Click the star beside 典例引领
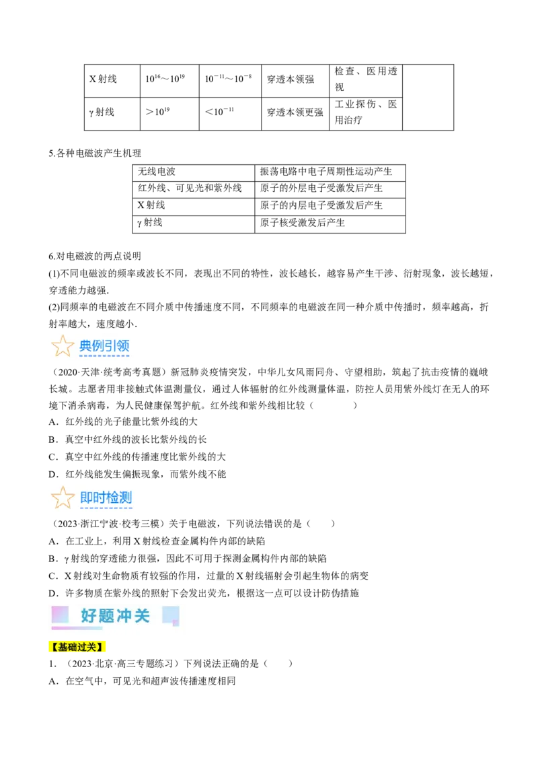click(63, 346)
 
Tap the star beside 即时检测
click(63, 497)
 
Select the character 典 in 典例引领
click(85, 346)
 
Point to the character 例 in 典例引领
click(98, 346)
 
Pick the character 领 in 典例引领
click(123, 346)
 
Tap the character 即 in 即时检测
click(86, 497)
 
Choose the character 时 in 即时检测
click(99, 497)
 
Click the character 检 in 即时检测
click(112, 497)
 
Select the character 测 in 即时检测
click(125, 497)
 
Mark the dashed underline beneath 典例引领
click(104, 356)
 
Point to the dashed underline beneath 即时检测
click(106, 508)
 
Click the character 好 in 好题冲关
click(89, 615)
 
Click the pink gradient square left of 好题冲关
click(60, 614)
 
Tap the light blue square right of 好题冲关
click(171, 615)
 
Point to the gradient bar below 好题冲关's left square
click(77, 628)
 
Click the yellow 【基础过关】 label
click(77, 648)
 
